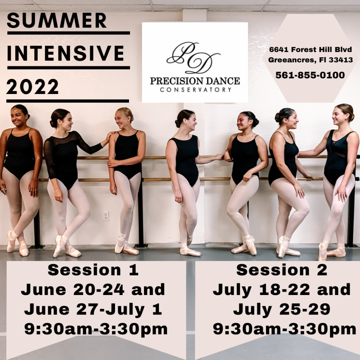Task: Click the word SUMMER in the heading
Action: click(x=57, y=21)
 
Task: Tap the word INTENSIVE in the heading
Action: click(x=66, y=53)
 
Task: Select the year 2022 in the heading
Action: click(x=33, y=87)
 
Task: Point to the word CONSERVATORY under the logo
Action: click(x=195, y=89)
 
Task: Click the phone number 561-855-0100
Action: click(x=310, y=75)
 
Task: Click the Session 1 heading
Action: click(x=93, y=270)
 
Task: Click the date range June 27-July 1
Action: click(x=93, y=310)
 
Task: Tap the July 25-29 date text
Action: click(x=282, y=309)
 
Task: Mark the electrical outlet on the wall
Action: click(x=106, y=216)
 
